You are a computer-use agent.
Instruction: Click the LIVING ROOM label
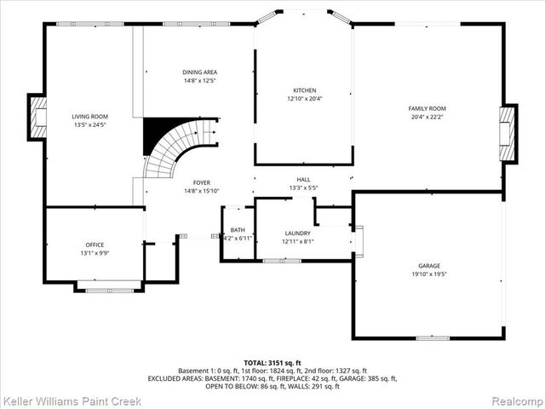89,117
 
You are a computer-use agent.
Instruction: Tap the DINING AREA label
199,72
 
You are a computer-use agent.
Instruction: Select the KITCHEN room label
304,90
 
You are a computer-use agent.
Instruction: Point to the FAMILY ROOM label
427,109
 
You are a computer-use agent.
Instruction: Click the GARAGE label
428,267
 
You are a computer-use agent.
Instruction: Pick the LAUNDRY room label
297,233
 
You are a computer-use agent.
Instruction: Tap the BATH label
237,229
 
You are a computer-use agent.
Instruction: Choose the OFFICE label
94,245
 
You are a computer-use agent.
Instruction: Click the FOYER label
202,182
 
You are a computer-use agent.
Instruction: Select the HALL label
303,179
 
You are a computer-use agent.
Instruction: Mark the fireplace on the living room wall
38,117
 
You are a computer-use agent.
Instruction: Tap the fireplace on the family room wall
508,132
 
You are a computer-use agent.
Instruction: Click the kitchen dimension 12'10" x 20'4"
304,99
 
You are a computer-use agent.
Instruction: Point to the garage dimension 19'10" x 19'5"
428,274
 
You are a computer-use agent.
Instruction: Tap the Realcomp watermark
515,399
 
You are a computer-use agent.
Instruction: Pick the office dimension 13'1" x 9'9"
94,253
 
